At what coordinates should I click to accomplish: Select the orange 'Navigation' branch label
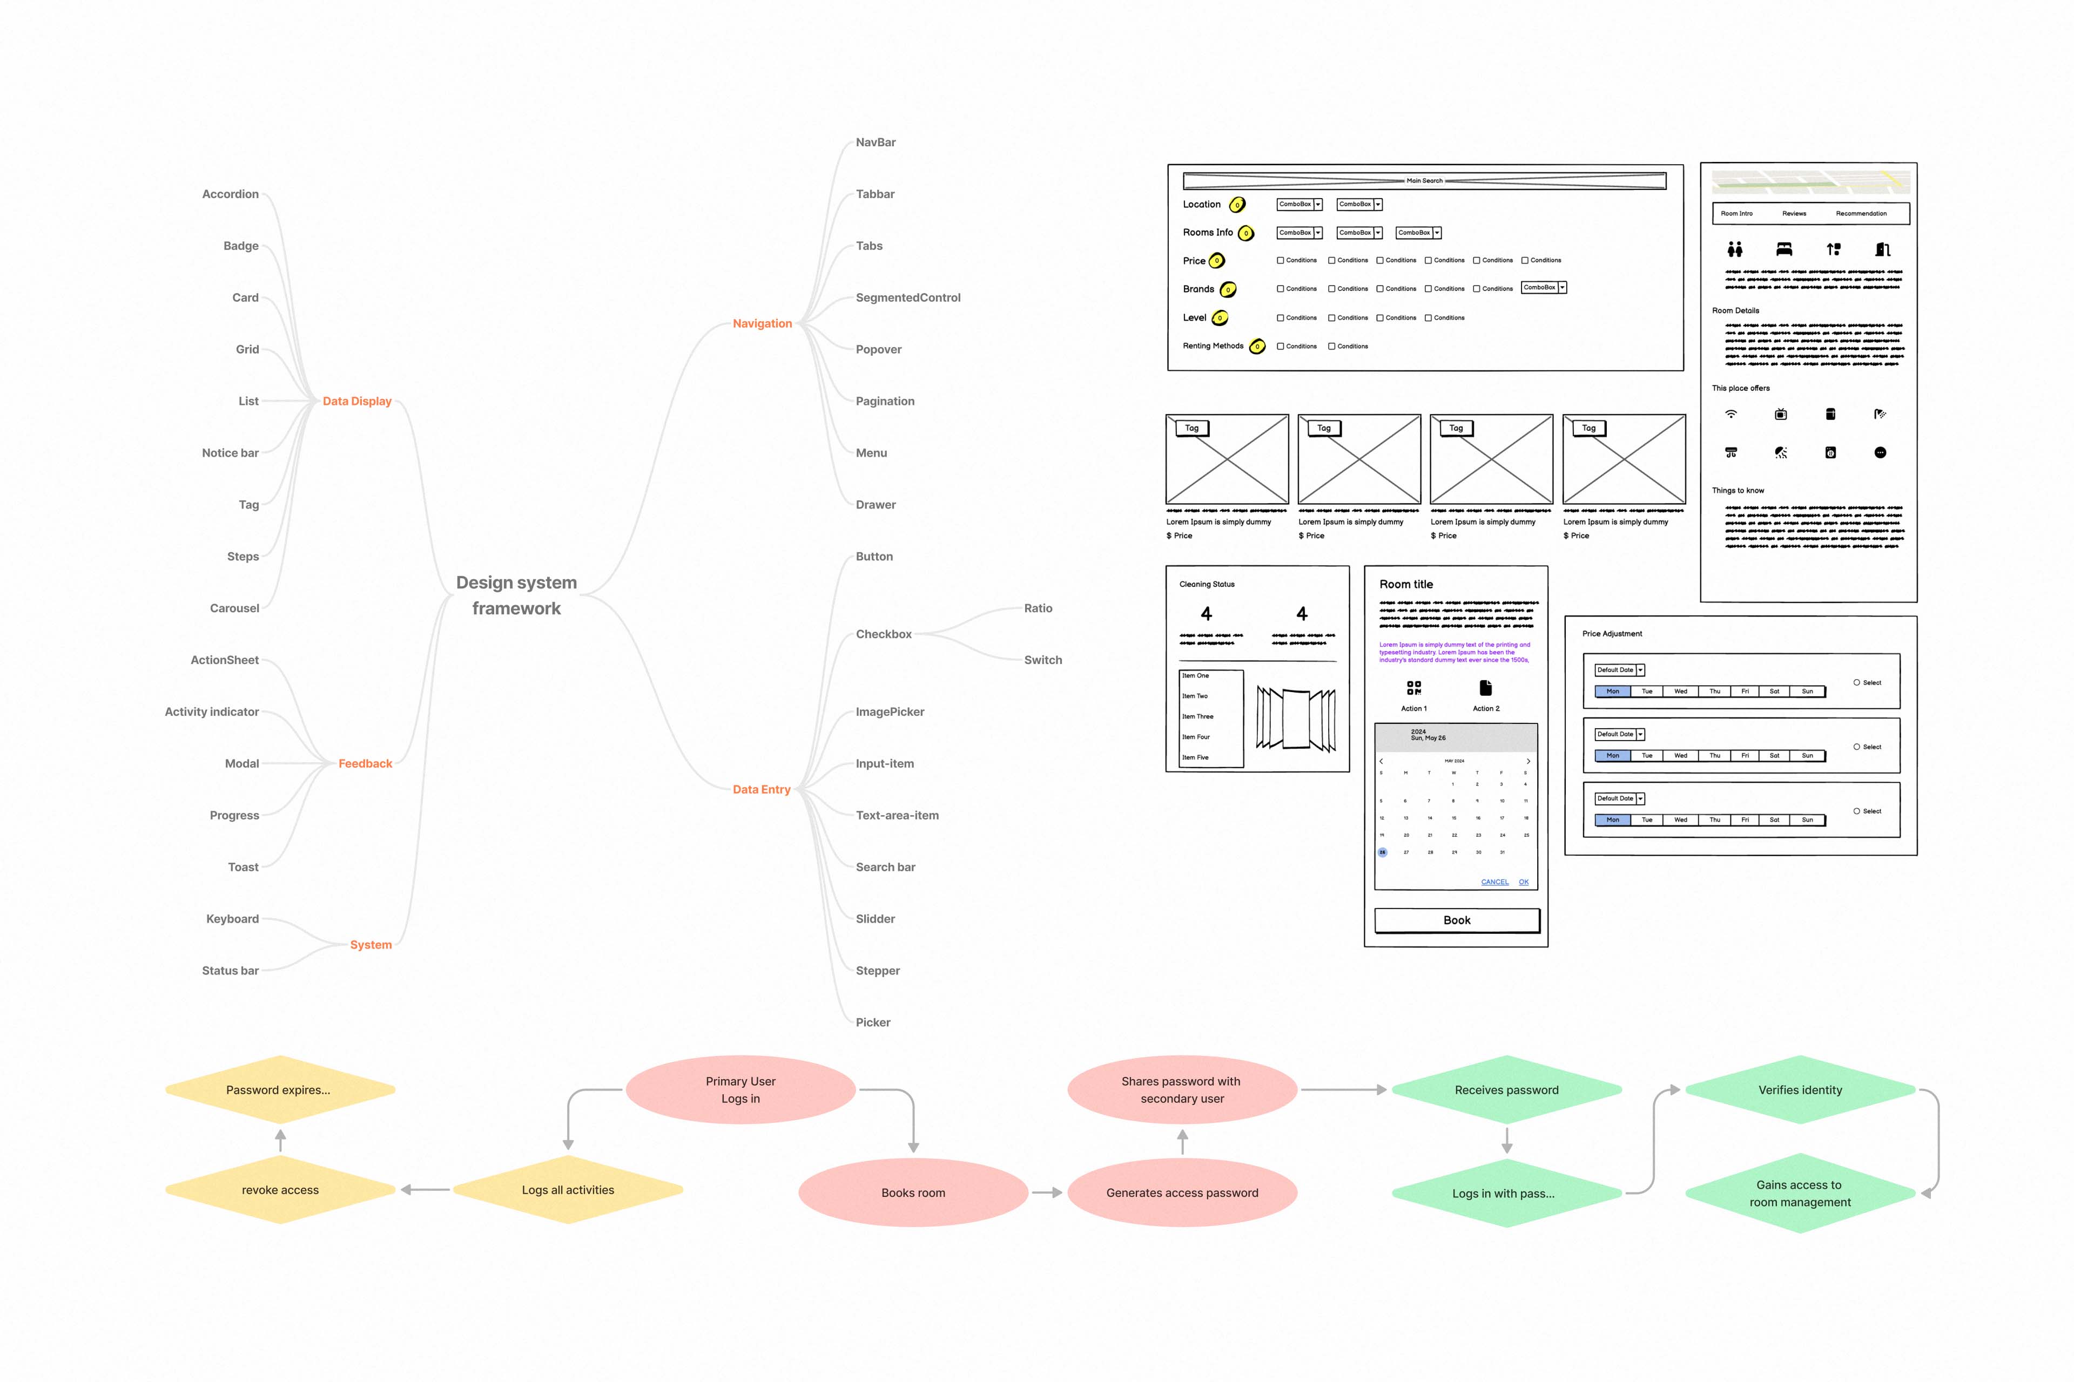pos(762,323)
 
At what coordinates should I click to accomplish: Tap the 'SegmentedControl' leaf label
pos(907,298)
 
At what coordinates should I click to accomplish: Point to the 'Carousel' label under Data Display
pos(234,608)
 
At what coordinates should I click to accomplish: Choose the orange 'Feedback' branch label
pos(365,763)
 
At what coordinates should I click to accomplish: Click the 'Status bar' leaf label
pos(230,971)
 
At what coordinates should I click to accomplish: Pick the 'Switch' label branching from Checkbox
pos(1042,660)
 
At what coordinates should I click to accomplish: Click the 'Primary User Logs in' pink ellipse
pos(740,1090)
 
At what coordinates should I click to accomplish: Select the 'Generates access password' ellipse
pos(1182,1193)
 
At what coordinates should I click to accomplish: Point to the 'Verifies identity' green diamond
pos(1800,1090)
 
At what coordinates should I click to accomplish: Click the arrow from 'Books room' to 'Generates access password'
pos(1047,1193)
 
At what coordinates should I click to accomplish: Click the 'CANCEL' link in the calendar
pos(1494,882)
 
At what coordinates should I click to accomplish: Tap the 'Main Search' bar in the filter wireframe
pos(1424,181)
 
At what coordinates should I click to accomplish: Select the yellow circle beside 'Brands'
pos(1228,289)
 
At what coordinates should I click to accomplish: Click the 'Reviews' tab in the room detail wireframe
pos(1794,213)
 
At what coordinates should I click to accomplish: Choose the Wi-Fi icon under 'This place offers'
pos(1731,414)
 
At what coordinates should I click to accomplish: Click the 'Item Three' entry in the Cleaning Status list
pos(1197,716)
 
